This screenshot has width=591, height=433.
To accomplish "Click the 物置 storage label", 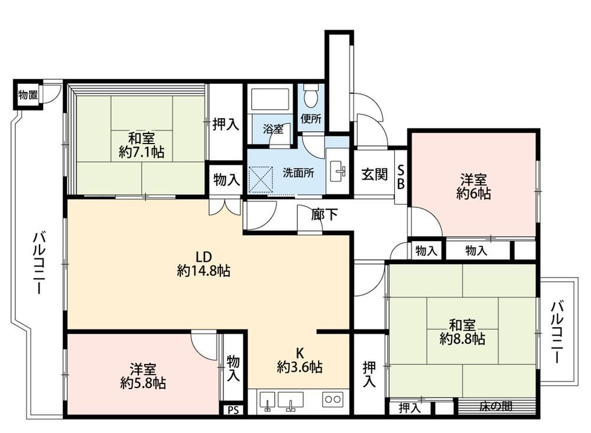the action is coord(28,95).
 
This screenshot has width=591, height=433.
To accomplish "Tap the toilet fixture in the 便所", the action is coord(311,94).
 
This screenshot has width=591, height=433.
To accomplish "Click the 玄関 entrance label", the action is coord(374,174).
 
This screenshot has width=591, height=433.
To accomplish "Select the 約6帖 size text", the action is coord(473,194).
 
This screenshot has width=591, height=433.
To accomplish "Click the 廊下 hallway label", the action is coord(324,214).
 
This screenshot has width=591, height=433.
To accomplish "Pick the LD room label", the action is coord(203,257).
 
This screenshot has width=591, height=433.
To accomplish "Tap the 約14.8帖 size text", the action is coord(203,271).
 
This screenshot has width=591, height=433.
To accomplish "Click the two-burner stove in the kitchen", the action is coord(333,399).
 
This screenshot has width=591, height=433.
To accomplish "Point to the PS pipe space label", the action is coord(233,410).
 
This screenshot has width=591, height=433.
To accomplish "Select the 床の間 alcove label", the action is coord(495,406).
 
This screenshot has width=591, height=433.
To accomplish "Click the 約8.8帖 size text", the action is coord(462,339).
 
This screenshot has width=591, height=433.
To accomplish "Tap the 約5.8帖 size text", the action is coord(143,383).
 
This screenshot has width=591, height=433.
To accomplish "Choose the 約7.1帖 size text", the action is coord(141,152).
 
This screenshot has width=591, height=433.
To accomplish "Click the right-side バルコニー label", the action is coord(557,333).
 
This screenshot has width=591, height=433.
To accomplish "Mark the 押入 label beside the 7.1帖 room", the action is coord(226,124).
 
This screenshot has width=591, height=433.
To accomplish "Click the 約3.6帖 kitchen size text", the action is coord(300,366).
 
